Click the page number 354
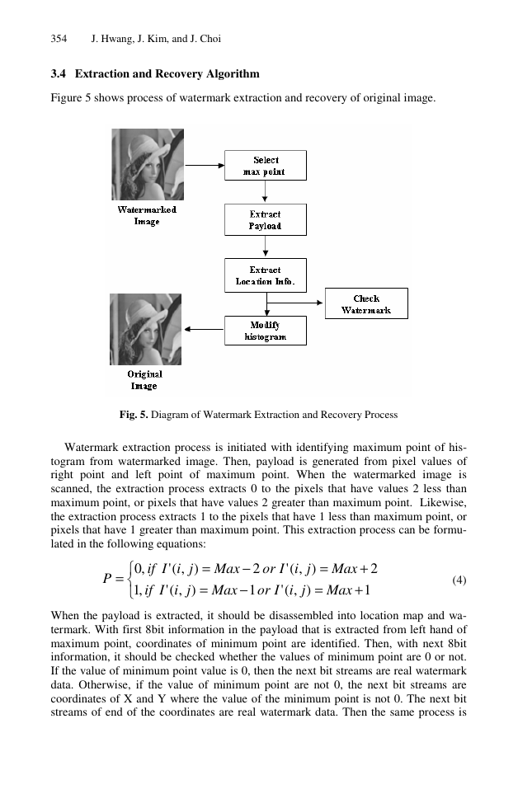59,39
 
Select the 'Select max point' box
266,165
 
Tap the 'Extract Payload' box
266,220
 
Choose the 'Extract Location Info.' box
266,275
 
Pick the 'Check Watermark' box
366,303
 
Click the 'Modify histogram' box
266,331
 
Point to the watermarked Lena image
148,164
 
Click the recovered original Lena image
145,329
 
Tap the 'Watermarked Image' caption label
147,215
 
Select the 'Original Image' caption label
144,380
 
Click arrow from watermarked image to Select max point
205,165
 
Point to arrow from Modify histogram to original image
204,329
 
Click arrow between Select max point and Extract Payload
265,191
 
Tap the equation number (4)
459,580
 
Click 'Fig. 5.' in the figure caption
134,415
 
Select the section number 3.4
59,74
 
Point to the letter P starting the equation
107,578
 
